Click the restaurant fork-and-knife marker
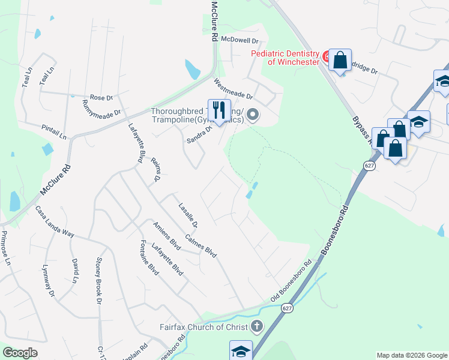218,110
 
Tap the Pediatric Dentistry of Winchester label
285,58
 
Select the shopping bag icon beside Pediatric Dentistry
340,60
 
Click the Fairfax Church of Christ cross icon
257,327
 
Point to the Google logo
20,353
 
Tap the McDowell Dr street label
239,40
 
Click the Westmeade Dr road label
234,89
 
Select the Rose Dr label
101,97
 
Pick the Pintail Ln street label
54,132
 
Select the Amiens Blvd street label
167,235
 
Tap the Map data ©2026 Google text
411,355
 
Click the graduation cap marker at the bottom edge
241,350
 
